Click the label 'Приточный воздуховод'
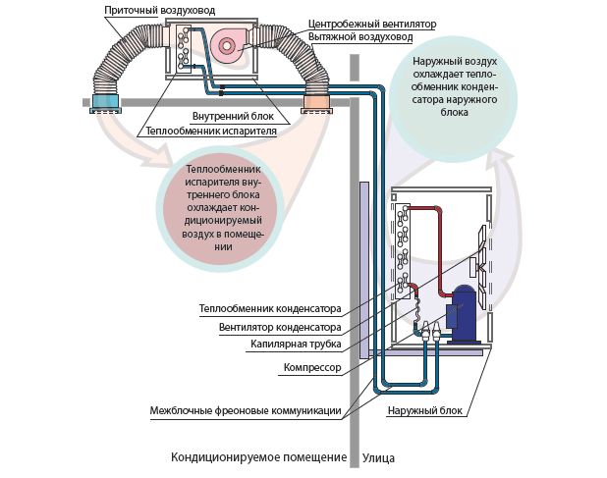[159, 9]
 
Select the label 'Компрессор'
[311, 367]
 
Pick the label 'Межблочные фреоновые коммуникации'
[245, 410]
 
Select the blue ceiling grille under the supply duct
[105, 103]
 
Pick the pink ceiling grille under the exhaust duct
[316, 102]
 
